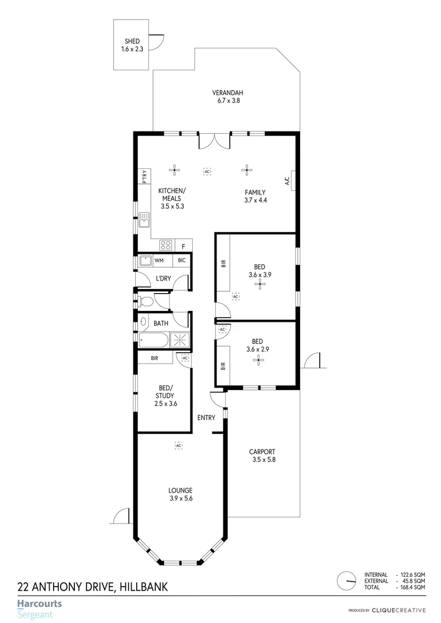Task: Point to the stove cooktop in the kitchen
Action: (x=166, y=245)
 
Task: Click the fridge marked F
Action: (x=184, y=246)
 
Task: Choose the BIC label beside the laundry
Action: (x=182, y=261)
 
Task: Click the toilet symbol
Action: (x=145, y=301)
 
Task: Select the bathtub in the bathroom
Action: (x=154, y=340)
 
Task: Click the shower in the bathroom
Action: (x=180, y=340)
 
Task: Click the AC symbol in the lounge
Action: (x=178, y=445)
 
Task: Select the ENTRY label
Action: (x=206, y=418)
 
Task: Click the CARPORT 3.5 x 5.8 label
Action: (x=262, y=456)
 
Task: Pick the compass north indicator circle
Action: (x=347, y=580)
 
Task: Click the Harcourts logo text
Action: (x=39, y=604)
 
